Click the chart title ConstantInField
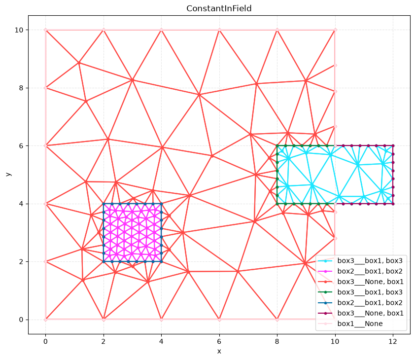[x=219, y=8]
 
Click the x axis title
[x=219, y=352]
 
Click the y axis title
[x=8, y=174]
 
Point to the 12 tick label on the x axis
[x=393, y=341]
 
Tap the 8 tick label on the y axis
[x=21, y=88]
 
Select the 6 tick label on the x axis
[x=219, y=341]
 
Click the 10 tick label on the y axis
[x=19, y=30]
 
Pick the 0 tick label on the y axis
[x=21, y=320]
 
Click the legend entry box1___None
[x=360, y=324]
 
